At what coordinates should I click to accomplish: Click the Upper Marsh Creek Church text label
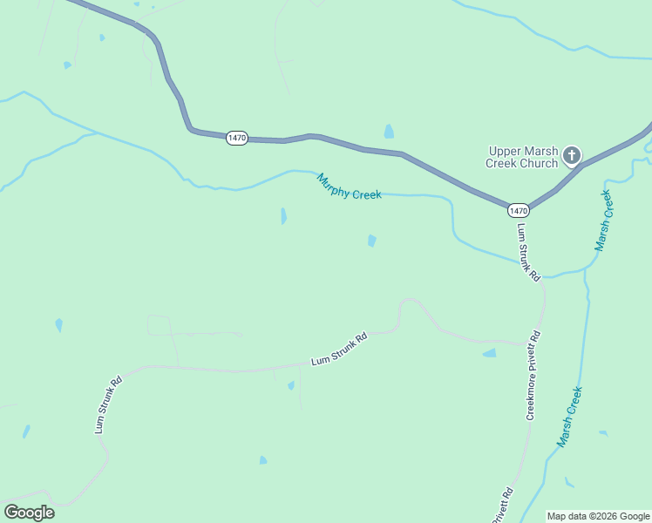(522, 156)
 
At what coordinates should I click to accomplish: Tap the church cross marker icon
(572, 156)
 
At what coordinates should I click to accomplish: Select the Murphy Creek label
(349, 187)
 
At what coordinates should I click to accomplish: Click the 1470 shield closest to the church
(519, 211)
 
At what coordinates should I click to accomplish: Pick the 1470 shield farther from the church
(237, 138)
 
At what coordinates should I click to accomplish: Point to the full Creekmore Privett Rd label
(533, 376)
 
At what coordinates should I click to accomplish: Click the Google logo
(29, 513)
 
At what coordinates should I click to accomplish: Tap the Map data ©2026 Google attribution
(598, 516)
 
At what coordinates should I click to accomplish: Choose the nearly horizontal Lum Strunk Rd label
(340, 350)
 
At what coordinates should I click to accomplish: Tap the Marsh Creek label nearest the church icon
(604, 219)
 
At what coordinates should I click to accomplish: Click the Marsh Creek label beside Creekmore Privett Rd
(569, 417)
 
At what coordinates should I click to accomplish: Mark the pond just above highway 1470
(389, 132)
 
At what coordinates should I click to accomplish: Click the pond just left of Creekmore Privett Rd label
(490, 353)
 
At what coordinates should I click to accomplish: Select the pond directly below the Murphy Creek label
(372, 241)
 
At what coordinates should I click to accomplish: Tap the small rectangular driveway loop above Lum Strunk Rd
(160, 325)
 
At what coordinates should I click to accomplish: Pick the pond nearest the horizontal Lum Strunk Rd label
(291, 385)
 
